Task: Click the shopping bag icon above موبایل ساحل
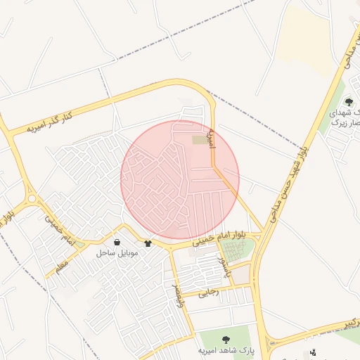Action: [116, 242]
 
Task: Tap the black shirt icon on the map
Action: [148, 244]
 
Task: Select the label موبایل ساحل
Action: [117, 252]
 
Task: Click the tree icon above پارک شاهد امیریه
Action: [225, 340]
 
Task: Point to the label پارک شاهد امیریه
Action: [225, 349]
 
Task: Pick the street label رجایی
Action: [209, 290]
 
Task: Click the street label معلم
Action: [61, 264]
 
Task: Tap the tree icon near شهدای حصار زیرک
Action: [349, 102]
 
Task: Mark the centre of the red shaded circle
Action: [180, 180]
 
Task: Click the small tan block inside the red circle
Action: [200, 141]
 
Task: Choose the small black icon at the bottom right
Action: [313, 352]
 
